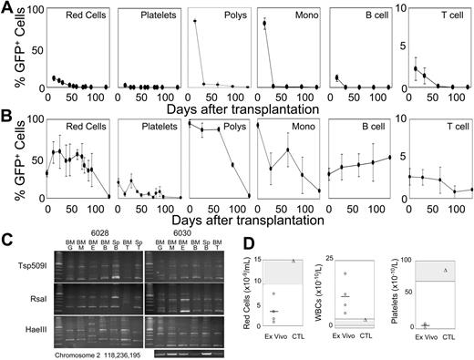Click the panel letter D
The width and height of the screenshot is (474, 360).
256,241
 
